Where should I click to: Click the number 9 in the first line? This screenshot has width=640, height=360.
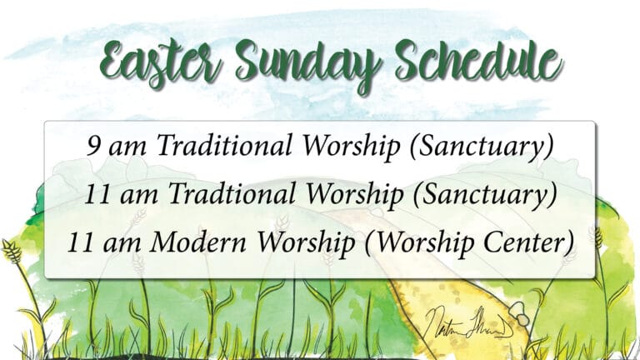(93, 147)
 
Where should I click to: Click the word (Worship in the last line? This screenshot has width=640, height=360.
(421, 243)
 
